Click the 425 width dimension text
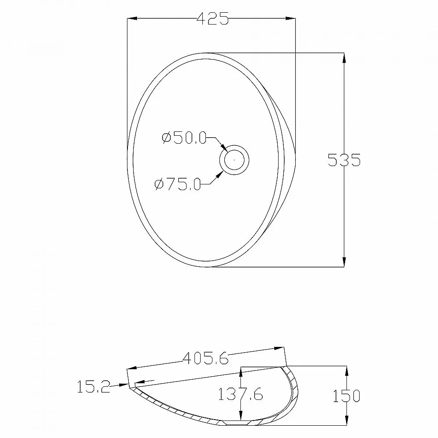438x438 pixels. (x=213, y=18)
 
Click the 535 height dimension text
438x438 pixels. (x=344, y=160)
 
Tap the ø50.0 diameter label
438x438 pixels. (x=184, y=138)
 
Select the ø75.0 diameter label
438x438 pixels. (x=178, y=184)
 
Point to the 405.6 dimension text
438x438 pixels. (x=205, y=358)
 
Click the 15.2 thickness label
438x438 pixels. (x=94, y=387)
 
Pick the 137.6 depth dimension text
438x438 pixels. (x=240, y=394)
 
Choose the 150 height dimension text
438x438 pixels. (x=346, y=396)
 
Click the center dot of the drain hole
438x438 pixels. (x=234, y=160)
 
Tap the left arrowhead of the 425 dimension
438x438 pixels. (x=132, y=18)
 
